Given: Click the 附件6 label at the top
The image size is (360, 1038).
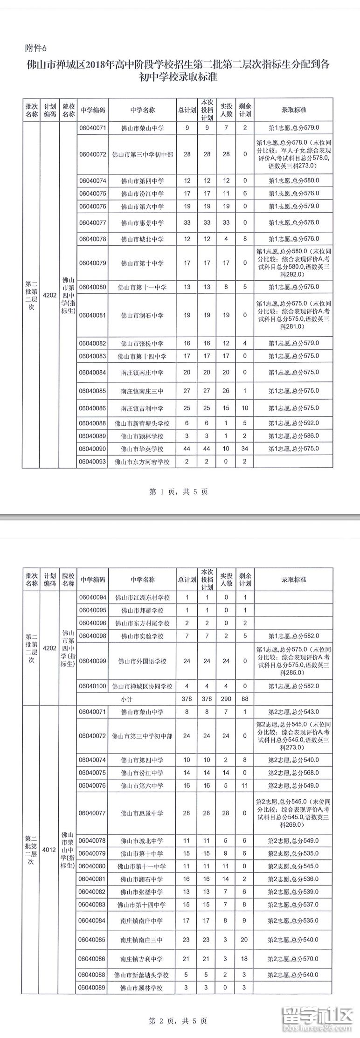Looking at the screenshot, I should [x=35, y=48].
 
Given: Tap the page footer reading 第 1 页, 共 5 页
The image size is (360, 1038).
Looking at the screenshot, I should [x=178, y=491].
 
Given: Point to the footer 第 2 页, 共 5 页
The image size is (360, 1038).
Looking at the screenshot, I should [x=178, y=1021].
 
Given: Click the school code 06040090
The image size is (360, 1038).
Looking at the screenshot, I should [x=92, y=449].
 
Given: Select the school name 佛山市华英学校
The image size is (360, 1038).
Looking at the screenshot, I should [x=142, y=449].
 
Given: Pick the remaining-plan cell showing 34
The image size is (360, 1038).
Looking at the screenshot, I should [x=245, y=449].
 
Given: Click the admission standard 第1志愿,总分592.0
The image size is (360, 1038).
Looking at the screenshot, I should [x=294, y=423].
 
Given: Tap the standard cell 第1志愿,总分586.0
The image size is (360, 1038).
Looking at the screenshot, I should [x=294, y=436].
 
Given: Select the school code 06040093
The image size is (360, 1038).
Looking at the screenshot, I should [x=92, y=462].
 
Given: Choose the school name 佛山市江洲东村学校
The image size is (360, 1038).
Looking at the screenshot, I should [x=142, y=597].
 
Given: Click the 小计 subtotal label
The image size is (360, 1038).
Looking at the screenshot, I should [x=126, y=699].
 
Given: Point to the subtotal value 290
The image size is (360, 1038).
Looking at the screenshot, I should [x=226, y=699].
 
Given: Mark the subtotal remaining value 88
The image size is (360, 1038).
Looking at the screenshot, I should [x=245, y=699].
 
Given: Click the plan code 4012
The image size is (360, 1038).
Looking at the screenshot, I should [x=49, y=850].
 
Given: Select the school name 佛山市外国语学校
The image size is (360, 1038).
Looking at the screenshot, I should [x=142, y=661].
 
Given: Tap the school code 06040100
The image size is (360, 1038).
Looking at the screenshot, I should [x=92, y=686].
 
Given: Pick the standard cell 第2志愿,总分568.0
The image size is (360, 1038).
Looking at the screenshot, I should [x=294, y=773].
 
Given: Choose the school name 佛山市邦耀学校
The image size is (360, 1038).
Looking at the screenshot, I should [x=142, y=610].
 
